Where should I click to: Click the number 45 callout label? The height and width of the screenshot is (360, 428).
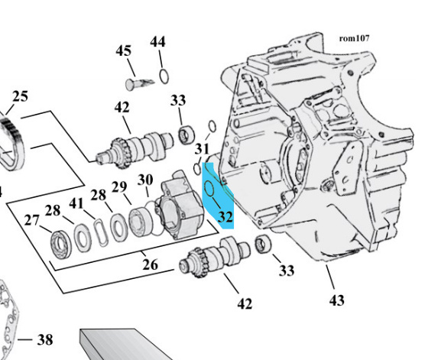coord(124,51)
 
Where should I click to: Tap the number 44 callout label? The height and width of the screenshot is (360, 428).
coord(157,42)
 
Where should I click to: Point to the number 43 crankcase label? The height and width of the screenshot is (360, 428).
coord(337,300)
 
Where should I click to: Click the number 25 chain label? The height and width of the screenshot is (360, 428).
coord(20,97)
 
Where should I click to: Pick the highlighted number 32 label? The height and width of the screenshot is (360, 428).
coord(225,217)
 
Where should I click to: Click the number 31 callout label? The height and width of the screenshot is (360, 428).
coord(202,148)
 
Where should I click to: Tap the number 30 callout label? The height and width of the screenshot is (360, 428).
coord(145,181)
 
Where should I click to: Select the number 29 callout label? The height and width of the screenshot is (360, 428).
coord(119,187)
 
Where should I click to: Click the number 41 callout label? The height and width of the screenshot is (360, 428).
coord(76,204)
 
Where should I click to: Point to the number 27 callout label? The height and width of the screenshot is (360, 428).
coord(30,221)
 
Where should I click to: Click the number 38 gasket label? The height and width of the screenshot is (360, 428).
coord(45,339)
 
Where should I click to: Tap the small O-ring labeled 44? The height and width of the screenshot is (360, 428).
coord(163,75)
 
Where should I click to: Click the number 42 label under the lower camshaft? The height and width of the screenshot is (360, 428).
coord(244,304)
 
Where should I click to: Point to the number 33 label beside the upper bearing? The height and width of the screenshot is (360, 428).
coord(178,101)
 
